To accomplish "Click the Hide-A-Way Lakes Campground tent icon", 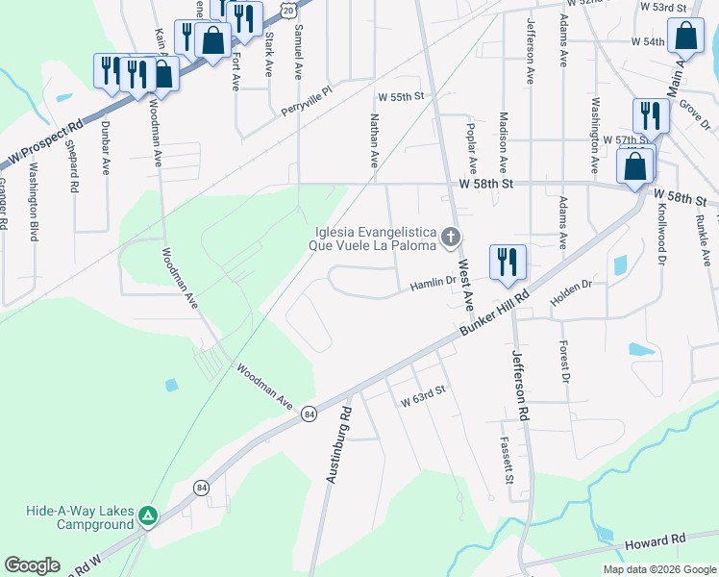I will tap(147, 517).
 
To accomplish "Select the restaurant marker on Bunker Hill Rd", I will tap(508, 262).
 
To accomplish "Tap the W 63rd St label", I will tap(424, 394).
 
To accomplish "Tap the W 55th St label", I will tap(401, 98).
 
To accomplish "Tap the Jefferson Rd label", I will tap(520, 385).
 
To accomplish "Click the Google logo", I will tap(32, 565).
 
